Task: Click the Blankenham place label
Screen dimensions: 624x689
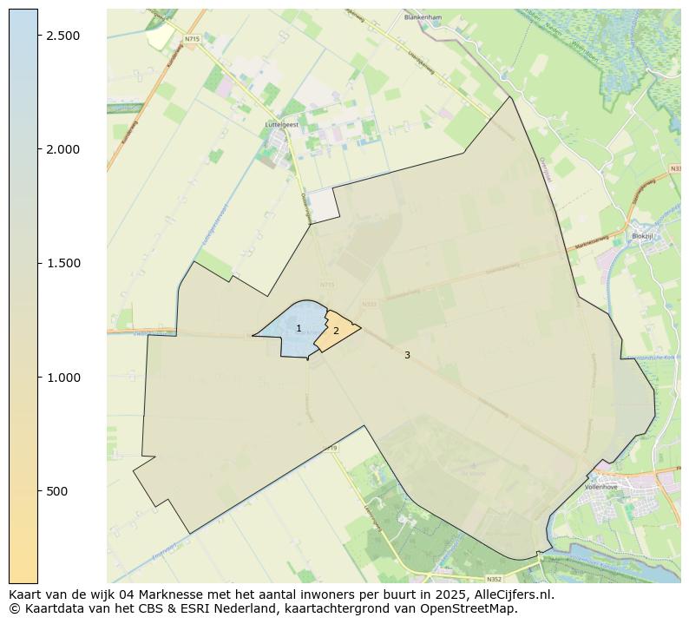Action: [423, 17]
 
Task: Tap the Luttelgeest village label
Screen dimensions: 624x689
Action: [280, 124]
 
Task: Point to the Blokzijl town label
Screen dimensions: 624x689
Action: [641, 235]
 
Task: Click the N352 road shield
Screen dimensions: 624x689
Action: [494, 579]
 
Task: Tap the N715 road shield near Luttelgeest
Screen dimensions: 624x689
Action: [192, 38]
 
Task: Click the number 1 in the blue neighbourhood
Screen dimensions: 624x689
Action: [299, 329]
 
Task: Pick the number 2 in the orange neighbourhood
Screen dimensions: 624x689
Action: [336, 332]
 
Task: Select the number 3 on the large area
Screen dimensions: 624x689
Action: [407, 355]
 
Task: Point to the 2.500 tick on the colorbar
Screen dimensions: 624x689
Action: [62, 35]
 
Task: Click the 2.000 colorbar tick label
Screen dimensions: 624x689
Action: [62, 149]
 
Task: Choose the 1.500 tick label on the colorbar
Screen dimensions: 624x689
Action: [62, 263]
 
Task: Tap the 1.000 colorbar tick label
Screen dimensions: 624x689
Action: [62, 378]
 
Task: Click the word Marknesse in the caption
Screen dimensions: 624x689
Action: [148, 595]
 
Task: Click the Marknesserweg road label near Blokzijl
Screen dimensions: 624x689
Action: [589, 242]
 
